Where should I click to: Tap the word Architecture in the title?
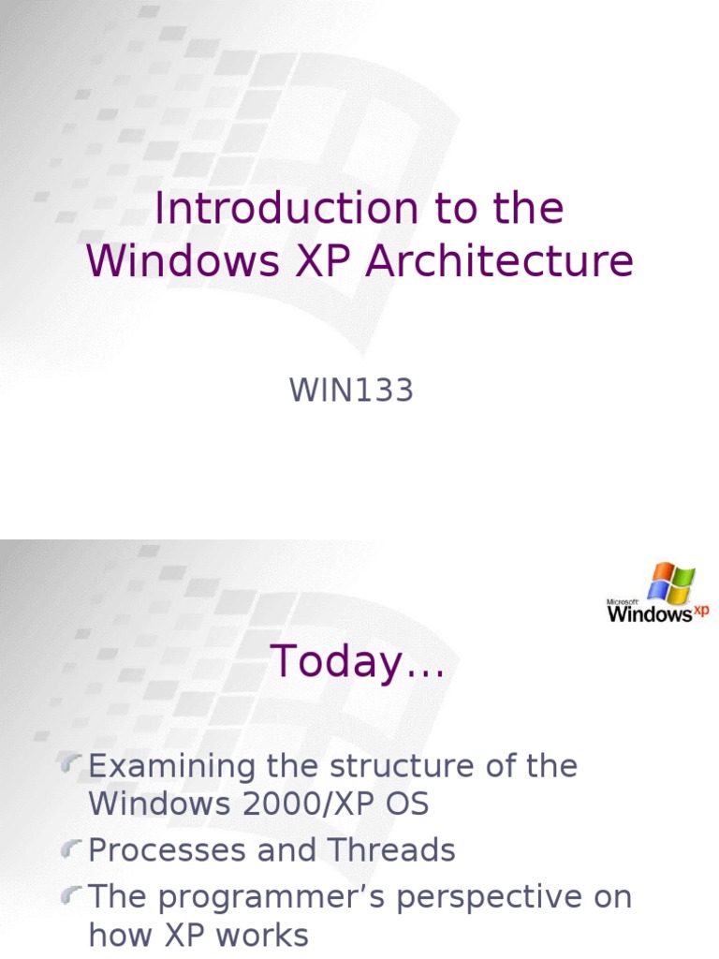click(499, 262)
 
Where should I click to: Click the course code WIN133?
click(351, 391)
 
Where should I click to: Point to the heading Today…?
click(359, 663)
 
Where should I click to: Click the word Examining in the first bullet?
click(172, 766)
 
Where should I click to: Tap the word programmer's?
click(273, 897)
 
